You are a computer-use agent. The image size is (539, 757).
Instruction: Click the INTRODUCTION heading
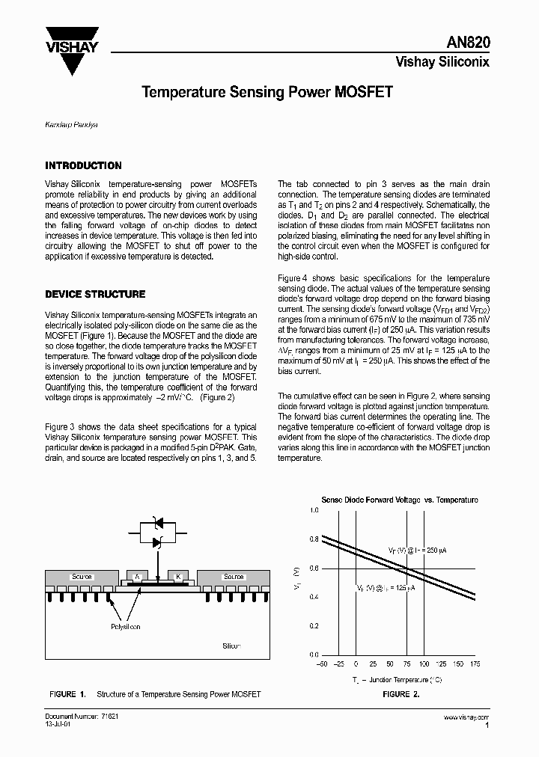(x=83, y=166)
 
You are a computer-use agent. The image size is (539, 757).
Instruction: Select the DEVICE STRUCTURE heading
(x=95, y=295)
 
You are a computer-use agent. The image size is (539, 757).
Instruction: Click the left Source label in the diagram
(x=82, y=577)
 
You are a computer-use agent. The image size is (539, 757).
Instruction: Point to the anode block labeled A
(x=137, y=576)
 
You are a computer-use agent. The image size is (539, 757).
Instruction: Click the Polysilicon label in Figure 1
(x=125, y=627)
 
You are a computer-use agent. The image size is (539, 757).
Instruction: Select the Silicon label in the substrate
(x=233, y=645)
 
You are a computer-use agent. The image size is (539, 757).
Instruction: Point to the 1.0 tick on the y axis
(x=314, y=510)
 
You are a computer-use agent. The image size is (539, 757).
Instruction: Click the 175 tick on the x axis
(x=475, y=663)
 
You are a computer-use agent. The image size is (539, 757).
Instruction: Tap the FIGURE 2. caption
(x=401, y=695)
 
